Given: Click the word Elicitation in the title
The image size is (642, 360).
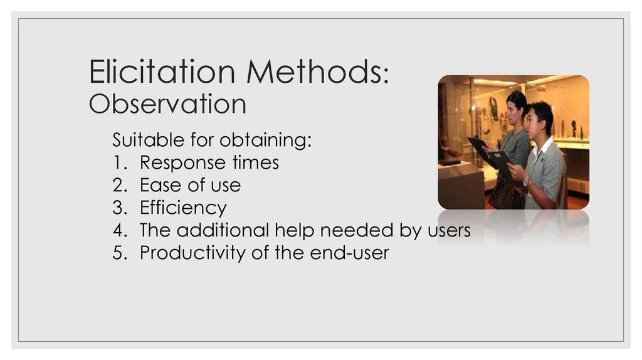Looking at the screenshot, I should click(x=162, y=71).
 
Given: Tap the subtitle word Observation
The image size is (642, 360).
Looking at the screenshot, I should click(x=167, y=104).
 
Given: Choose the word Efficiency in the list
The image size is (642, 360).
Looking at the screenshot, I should click(x=183, y=208).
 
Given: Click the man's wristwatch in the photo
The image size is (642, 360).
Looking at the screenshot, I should click(x=525, y=181).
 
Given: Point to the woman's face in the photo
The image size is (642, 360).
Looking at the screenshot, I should click(x=513, y=112).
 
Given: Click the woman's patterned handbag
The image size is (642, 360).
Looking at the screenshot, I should click(x=503, y=193).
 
